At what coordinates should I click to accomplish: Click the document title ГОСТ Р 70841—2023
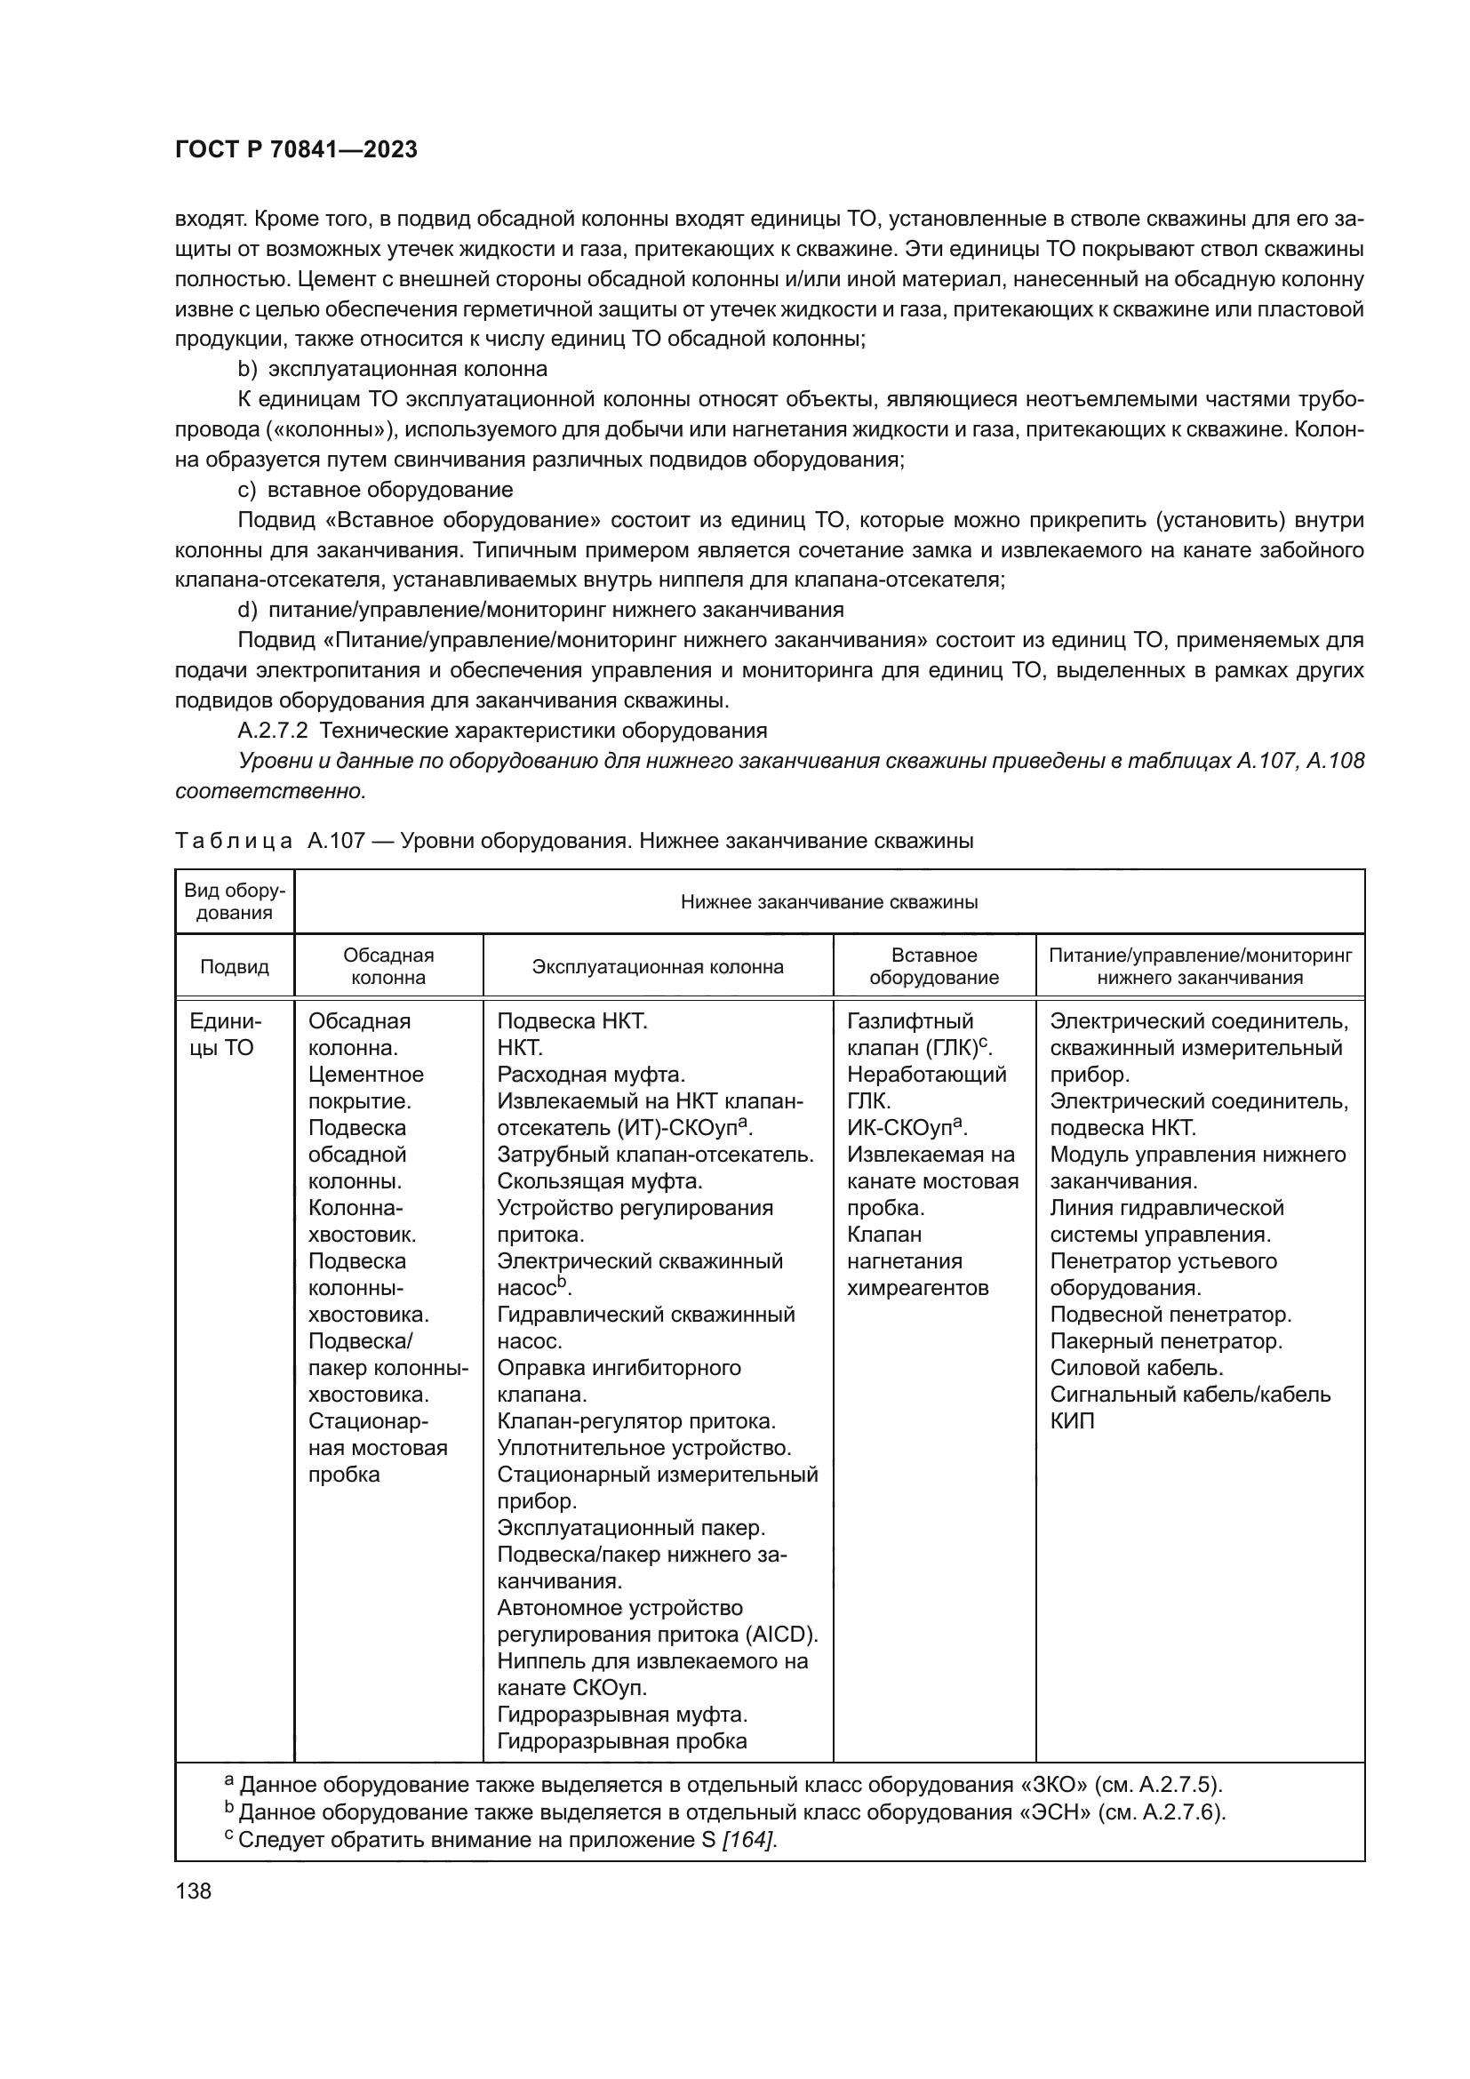[296, 149]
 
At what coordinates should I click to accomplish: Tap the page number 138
[193, 1891]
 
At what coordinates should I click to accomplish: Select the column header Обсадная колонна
[388, 966]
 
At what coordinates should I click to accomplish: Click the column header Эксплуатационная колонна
[657, 966]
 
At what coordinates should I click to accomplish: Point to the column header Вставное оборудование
[933, 966]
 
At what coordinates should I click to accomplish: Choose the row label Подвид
[235, 966]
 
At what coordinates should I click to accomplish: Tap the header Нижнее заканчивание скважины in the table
[828, 902]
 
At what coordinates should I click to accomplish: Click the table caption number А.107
[336, 841]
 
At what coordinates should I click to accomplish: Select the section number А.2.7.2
[275, 730]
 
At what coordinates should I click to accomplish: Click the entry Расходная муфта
[590, 1074]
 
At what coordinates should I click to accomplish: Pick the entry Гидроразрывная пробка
[622, 1740]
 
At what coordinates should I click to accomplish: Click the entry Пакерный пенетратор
[1166, 1341]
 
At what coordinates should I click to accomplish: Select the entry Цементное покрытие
[365, 1087]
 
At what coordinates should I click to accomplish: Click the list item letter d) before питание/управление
[248, 610]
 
